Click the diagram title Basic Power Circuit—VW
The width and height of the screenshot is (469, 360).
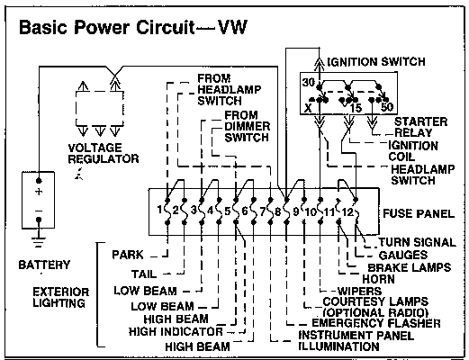point(133,27)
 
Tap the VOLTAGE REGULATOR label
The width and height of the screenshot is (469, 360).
point(104,153)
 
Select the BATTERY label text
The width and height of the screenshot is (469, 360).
point(44,265)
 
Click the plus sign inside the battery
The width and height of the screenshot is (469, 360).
point(39,192)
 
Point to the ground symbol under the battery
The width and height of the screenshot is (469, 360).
point(39,242)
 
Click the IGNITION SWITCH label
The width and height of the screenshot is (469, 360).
point(376,61)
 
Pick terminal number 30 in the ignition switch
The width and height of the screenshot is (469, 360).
point(308,82)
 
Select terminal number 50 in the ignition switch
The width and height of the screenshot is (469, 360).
point(387,107)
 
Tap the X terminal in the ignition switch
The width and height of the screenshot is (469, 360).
point(308,108)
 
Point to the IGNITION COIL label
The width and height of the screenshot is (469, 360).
point(413,151)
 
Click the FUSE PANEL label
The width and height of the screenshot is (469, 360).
point(419,213)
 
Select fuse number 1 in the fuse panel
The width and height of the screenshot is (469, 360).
point(160,210)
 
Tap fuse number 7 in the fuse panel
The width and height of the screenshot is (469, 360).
point(263,211)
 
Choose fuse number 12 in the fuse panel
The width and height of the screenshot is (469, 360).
point(347,212)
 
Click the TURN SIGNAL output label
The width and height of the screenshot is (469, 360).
point(417,242)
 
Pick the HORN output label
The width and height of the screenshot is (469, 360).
point(378,279)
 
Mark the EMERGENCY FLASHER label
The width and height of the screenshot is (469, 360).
point(376,323)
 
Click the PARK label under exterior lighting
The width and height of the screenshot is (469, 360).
point(128,255)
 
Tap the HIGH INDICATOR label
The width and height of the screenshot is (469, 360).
point(176,332)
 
